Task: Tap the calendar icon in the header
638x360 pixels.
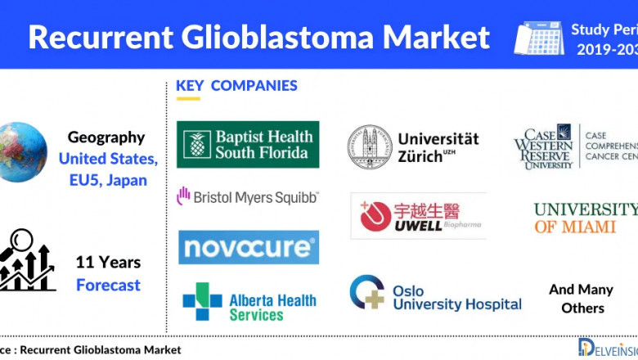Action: click(x=538, y=37)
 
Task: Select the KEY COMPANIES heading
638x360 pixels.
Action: click(x=236, y=86)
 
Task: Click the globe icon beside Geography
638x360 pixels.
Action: click(x=23, y=151)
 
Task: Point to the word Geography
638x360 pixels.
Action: click(x=106, y=137)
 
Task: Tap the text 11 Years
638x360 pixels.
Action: click(x=108, y=263)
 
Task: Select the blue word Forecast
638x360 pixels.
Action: click(x=108, y=286)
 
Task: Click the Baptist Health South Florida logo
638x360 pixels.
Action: click(x=248, y=144)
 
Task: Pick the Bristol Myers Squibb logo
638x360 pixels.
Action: click(x=247, y=196)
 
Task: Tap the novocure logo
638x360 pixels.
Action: click(x=249, y=247)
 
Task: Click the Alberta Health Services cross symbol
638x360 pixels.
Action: click(x=201, y=301)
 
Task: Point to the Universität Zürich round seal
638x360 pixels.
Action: click(x=369, y=147)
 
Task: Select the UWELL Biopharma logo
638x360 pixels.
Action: click(x=418, y=216)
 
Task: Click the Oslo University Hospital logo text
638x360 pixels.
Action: click(x=456, y=298)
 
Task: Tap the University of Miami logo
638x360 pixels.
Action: click(x=585, y=218)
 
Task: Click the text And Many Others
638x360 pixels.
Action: click(x=581, y=299)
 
